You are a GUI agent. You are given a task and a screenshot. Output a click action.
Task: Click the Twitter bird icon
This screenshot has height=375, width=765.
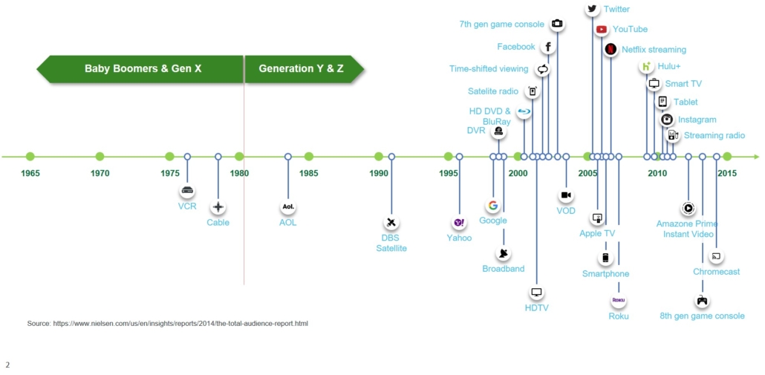pyautogui.click(x=592, y=9)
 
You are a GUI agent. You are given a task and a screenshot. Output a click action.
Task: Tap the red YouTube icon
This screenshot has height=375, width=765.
pyautogui.click(x=602, y=29)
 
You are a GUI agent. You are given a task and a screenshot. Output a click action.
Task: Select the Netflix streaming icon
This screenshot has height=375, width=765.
pyautogui.click(x=611, y=49)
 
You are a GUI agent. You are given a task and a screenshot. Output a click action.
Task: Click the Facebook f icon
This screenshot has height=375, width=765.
pyautogui.click(x=548, y=47)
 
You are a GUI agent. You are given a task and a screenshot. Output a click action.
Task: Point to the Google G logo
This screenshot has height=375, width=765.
pyautogui.click(x=493, y=206)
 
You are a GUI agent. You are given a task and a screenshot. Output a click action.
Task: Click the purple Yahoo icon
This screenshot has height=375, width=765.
pyautogui.click(x=459, y=223)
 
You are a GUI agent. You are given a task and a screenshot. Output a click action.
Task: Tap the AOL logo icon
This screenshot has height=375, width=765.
pyautogui.click(x=288, y=206)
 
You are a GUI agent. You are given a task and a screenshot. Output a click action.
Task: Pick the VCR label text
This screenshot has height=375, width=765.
pyautogui.click(x=187, y=206)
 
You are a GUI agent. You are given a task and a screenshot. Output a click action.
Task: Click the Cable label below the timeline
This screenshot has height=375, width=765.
pyautogui.click(x=218, y=223)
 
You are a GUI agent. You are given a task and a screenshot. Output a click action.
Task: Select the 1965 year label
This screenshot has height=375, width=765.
pyautogui.click(x=30, y=173)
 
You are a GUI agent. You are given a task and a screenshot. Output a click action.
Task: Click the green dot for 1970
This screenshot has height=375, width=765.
pyautogui.click(x=100, y=157)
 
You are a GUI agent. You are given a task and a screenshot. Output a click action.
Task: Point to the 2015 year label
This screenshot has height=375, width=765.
pyautogui.click(x=727, y=173)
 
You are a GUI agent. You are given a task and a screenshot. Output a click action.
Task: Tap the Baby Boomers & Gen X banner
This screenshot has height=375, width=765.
pyautogui.click(x=140, y=69)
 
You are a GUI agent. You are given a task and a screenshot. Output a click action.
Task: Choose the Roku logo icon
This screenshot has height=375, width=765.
pyautogui.click(x=619, y=300)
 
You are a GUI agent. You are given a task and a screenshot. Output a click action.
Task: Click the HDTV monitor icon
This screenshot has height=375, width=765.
pyautogui.click(x=537, y=293)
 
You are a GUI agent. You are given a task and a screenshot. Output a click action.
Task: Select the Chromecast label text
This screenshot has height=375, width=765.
pyautogui.click(x=717, y=272)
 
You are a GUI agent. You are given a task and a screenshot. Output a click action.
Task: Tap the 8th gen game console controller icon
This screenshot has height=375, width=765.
pyautogui.click(x=702, y=300)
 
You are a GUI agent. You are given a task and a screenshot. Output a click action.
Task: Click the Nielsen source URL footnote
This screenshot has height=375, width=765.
pyautogui.click(x=167, y=323)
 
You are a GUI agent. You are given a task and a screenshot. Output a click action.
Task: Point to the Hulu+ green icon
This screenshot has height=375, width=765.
pyautogui.click(x=647, y=67)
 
